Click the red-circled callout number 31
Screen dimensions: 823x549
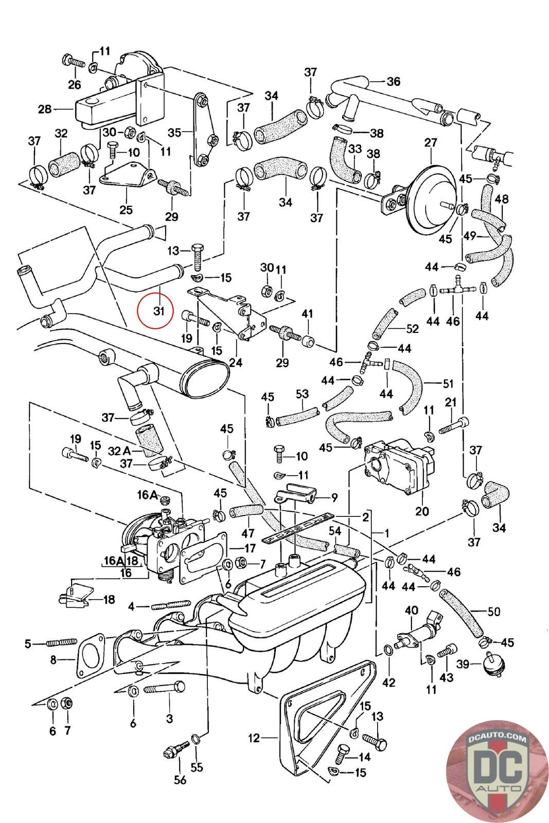[160, 311]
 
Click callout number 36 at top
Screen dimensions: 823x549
[393, 81]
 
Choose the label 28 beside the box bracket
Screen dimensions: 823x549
[45, 109]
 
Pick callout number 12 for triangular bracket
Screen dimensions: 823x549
[254, 738]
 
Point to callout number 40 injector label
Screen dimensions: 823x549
[412, 611]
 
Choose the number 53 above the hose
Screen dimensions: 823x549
[302, 394]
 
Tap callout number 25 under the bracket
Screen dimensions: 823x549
[126, 209]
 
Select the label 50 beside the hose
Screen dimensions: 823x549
[493, 612]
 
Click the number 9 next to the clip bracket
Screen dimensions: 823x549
[334, 497]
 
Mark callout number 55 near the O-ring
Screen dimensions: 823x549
[197, 767]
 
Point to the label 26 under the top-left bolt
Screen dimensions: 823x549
[75, 84]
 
